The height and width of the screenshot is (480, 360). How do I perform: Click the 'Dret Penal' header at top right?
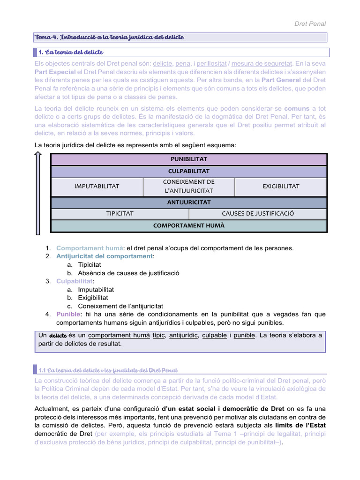pyautogui.click(x=310, y=23)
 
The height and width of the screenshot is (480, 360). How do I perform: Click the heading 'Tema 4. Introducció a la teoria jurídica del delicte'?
pyautogui.click(x=110, y=37)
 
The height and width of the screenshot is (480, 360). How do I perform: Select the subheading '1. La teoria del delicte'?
pyautogui.click(x=73, y=52)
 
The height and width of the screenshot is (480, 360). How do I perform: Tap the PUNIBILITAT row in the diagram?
pyautogui.click(x=189, y=159)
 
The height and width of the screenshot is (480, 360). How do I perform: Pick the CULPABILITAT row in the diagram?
pyautogui.click(x=189, y=171)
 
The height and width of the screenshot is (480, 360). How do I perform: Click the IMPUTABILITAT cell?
pyautogui.click(x=97, y=186)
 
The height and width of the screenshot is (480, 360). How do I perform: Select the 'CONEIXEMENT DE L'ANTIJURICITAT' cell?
pyautogui.click(x=188, y=186)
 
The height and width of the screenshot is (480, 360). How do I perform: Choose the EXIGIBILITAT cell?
pyautogui.click(x=281, y=186)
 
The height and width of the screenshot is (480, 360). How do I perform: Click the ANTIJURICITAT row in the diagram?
pyautogui.click(x=189, y=202)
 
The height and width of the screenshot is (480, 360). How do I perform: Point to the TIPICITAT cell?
pyautogui.click(x=120, y=213)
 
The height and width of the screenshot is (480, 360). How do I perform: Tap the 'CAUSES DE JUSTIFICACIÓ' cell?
pyautogui.click(x=258, y=213)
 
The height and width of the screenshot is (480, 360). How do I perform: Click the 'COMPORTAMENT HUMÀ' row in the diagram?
pyautogui.click(x=189, y=225)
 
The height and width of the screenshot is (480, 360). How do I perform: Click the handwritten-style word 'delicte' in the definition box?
pyautogui.click(x=58, y=336)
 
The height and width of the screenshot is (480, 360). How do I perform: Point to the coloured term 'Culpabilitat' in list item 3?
pyautogui.click(x=74, y=281)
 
